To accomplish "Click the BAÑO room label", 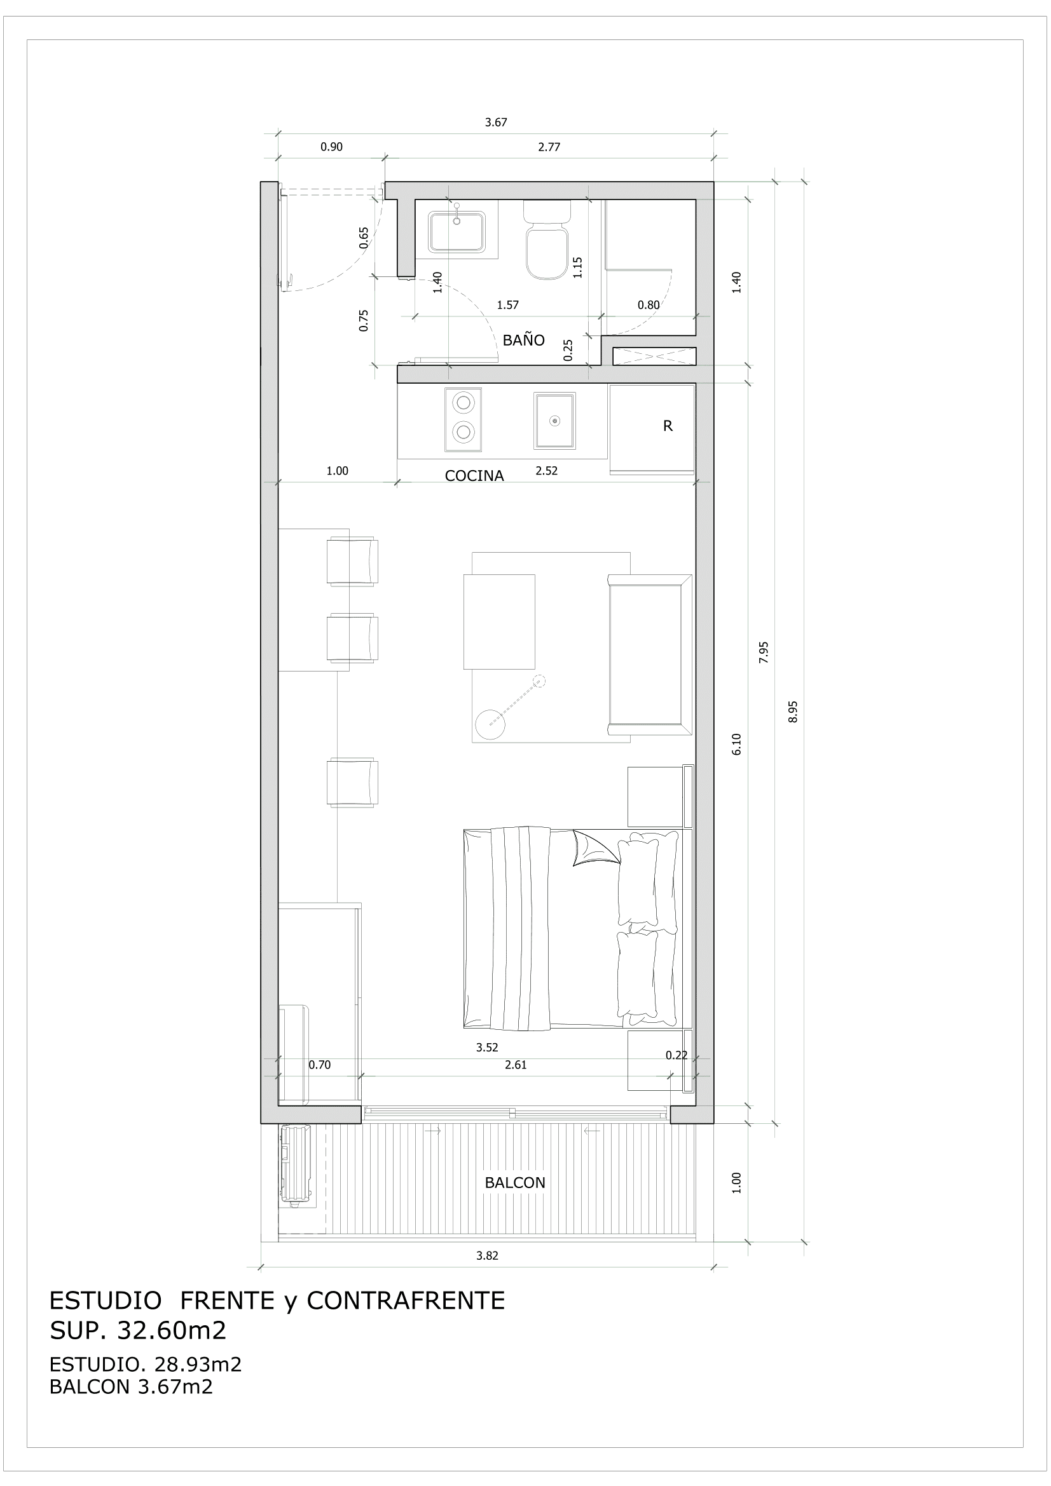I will coord(523,340).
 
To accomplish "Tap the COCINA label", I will coord(474,476).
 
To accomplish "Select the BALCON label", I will coord(515,1182).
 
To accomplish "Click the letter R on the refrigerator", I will coord(668,426).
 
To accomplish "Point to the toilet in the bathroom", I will coord(547,246).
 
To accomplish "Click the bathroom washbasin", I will coord(457,231).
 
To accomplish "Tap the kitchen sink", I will coord(554,421).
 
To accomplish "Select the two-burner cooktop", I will coord(463,419).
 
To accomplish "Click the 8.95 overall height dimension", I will coord(793,712).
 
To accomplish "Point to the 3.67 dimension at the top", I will coord(496,123).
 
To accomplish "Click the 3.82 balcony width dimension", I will coord(487,1255).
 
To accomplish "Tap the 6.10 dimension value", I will coord(736,745).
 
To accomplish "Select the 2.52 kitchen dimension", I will coord(547,471).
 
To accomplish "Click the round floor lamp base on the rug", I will coord(490,724).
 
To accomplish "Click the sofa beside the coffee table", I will coord(649,654).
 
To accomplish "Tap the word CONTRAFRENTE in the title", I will coord(406,1300).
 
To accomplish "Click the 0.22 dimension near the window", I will coord(676,1055).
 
